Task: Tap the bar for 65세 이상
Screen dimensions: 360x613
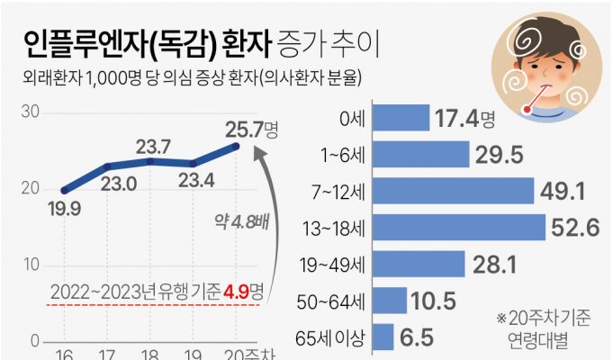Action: tap(383, 337)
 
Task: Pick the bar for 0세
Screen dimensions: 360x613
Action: tap(401, 117)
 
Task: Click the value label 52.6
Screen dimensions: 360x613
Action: tap(576, 229)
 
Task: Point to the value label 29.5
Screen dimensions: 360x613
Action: tap(500, 155)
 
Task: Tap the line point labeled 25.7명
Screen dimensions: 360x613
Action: tap(236, 146)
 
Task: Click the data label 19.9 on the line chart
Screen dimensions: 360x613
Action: tap(64, 210)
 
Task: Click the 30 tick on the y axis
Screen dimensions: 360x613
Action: tap(30, 112)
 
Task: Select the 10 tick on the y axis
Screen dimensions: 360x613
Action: tap(30, 265)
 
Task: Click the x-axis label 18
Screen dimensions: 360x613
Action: tap(150, 354)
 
